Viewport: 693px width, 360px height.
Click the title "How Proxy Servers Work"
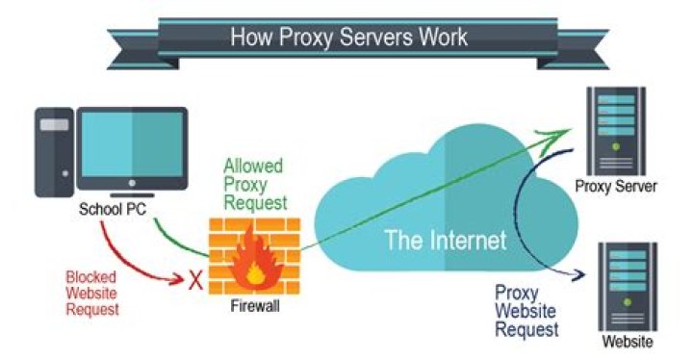click(x=348, y=37)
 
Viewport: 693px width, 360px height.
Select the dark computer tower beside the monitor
click(x=56, y=153)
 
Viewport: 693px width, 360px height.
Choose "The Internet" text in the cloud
click(x=445, y=241)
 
